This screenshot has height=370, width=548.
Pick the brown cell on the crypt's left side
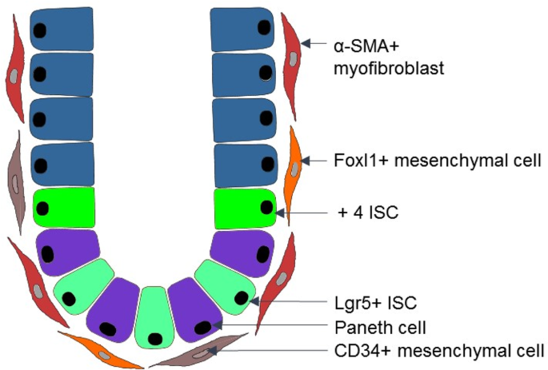pyautogui.click(x=15, y=176)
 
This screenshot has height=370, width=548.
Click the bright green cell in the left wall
pyautogui.click(x=63, y=209)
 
